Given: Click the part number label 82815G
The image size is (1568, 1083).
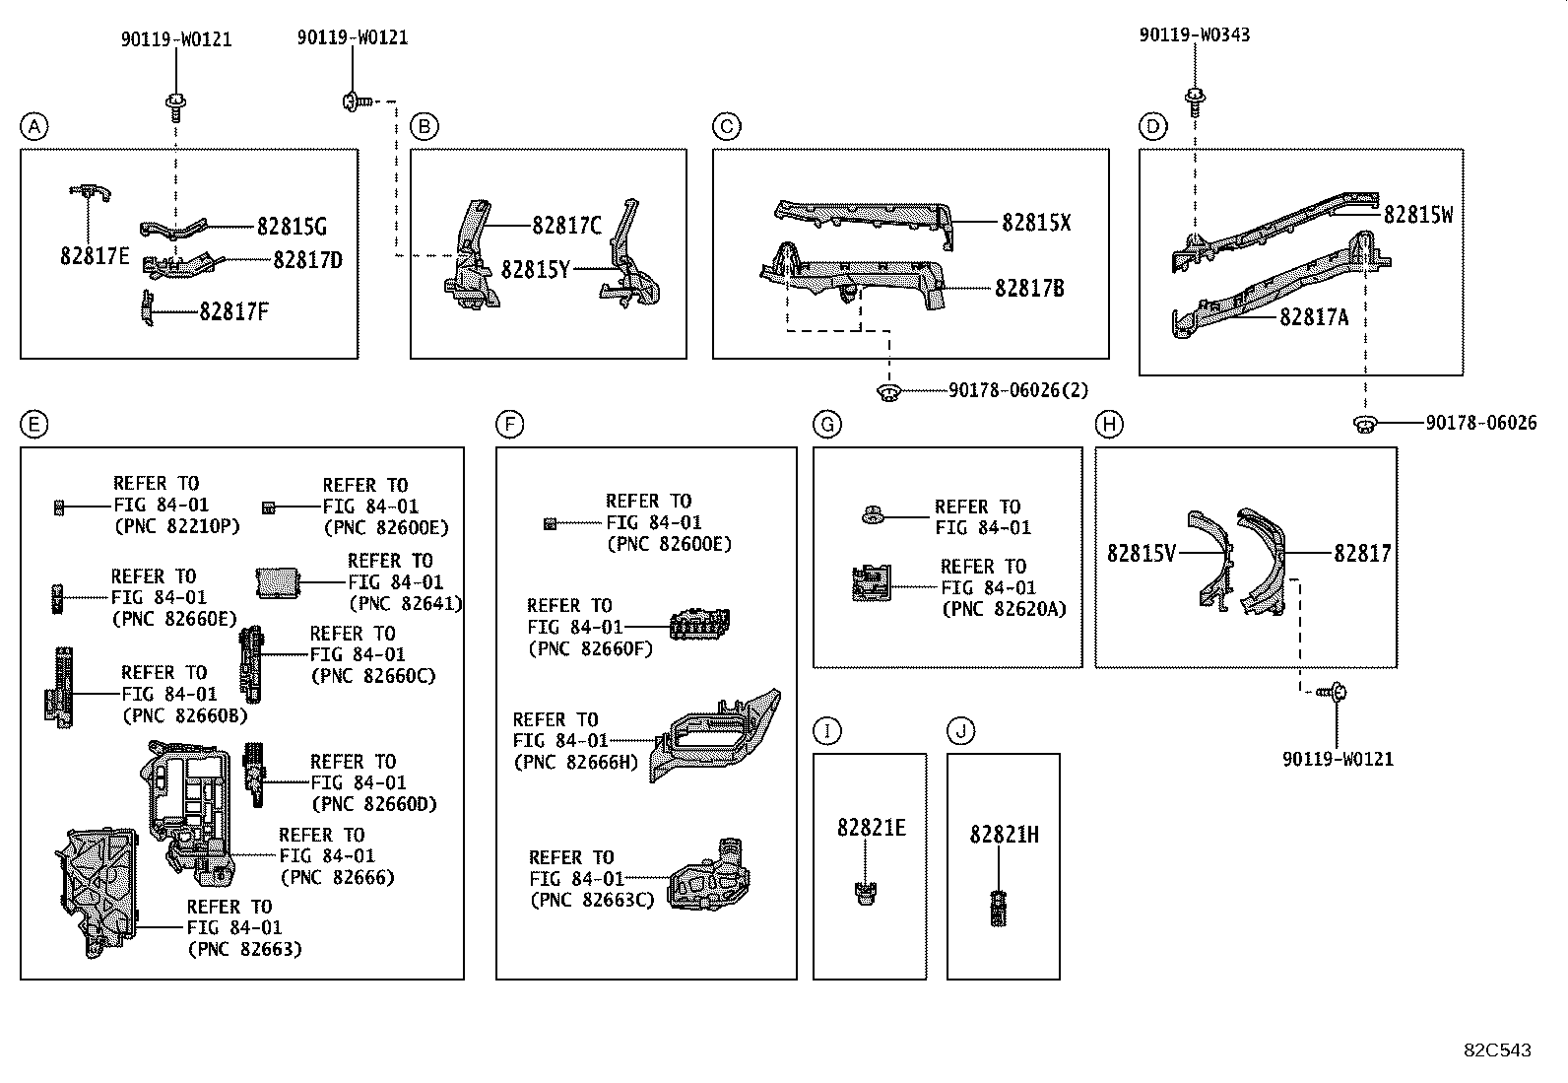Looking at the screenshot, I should pos(291,227).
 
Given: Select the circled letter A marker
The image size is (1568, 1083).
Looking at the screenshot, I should pos(33,126).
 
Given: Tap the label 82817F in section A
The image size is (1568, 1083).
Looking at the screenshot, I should pos(233,312).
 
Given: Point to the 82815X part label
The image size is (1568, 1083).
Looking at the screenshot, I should pos(1035,223).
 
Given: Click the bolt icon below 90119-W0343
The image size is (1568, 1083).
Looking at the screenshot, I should pos(1195,98).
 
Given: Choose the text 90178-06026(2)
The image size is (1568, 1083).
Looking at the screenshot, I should pos(1018,391).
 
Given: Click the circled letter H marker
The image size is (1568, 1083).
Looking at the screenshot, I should pos(1109,425).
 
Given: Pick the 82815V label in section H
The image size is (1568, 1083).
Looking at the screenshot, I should pos(1141,554).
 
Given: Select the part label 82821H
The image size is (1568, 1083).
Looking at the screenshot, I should pos(1003,835).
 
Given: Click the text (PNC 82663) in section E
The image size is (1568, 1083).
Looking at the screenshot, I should pos(244,950).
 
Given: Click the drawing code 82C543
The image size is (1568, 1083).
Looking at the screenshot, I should pos(1497,1050).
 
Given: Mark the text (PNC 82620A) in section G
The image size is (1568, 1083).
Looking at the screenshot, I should pos(1003,610).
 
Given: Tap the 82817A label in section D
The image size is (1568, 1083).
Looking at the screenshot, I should pos(1313,317).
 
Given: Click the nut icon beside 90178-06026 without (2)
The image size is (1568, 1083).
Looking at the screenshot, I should pos(1364,424).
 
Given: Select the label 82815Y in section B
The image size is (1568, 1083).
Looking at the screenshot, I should pos(535,269).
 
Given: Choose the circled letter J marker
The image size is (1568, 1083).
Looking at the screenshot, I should pos(960,731).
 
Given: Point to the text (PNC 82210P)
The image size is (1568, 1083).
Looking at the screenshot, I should pos(177,526).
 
